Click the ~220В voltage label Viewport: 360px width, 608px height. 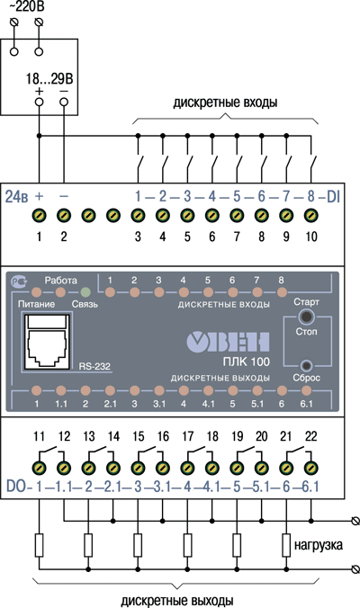tap(26, 5)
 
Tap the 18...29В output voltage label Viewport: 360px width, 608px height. tap(49, 79)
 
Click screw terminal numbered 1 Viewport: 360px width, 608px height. tap(39, 215)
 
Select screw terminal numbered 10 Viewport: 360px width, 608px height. tap(310, 215)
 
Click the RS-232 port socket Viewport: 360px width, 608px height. tap(48, 342)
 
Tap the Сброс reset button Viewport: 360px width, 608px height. tap(307, 365)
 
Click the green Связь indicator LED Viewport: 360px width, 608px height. tap(85, 291)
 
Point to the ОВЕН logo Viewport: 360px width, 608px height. tap(228, 342)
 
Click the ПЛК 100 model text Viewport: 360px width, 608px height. tap(246, 362)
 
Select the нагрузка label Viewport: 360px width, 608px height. tap(318, 545)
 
